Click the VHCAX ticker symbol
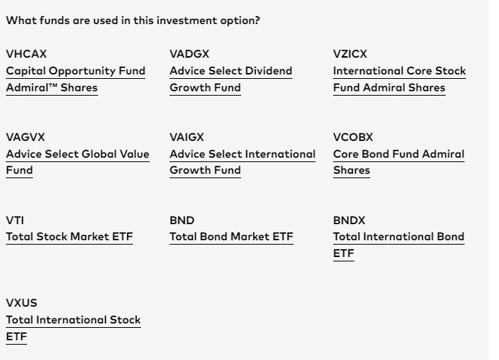(x=26, y=54)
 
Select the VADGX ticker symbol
(x=189, y=54)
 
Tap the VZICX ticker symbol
(x=350, y=54)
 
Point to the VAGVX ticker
(x=26, y=137)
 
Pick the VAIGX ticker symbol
(x=187, y=137)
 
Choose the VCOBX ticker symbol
(x=353, y=137)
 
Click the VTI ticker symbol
(x=15, y=221)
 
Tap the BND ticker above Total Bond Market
(x=182, y=221)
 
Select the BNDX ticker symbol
(x=349, y=221)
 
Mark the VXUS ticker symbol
(x=22, y=303)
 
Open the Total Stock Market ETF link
(x=69, y=237)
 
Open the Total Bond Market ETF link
(x=232, y=237)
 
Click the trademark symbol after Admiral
(x=53, y=85)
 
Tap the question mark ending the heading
(x=257, y=20)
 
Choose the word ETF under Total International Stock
(x=16, y=337)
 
